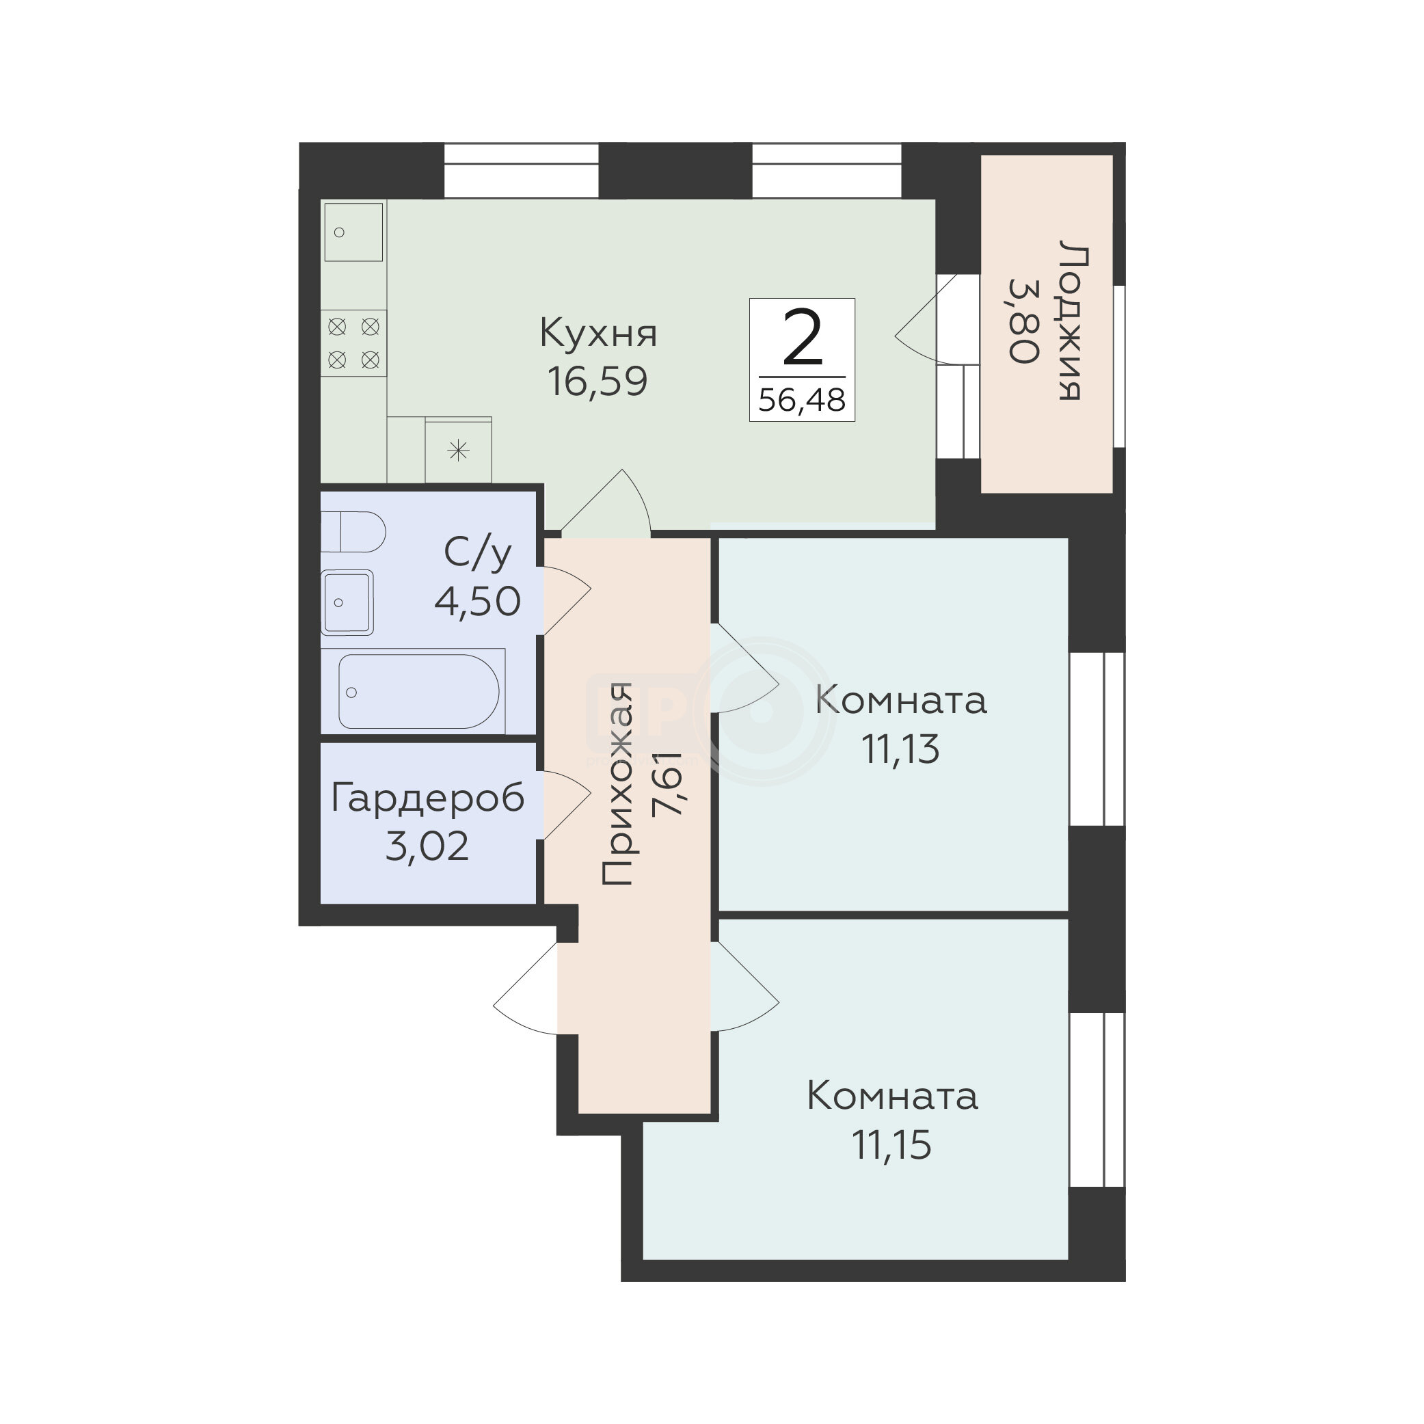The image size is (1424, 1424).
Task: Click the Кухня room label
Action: (597, 333)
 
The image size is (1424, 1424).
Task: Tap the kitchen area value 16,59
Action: (597, 381)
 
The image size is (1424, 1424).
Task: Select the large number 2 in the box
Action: (802, 338)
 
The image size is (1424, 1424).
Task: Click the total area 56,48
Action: (802, 400)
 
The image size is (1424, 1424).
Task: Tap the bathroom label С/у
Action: (478, 553)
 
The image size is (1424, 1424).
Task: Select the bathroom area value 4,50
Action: (478, 601)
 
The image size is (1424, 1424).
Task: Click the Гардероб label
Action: (427, 798)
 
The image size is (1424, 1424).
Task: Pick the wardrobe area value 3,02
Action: (427, 846)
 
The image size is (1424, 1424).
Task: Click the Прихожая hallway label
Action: (617, 783)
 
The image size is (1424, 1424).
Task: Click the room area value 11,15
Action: (892, 1144)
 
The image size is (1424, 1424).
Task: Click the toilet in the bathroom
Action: (353, 531)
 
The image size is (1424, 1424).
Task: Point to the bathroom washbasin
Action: (347, 602)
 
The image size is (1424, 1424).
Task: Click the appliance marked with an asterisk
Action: (459, 451)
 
